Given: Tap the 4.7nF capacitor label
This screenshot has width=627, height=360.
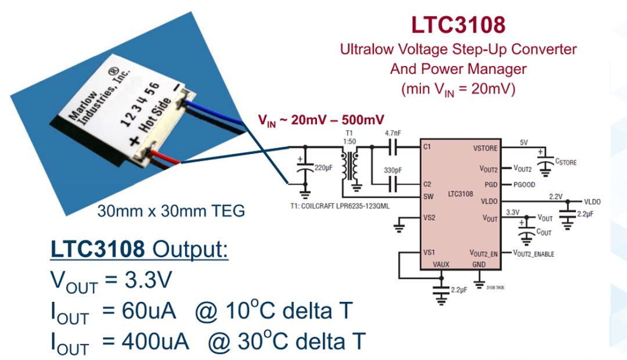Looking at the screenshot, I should click(x=392, y=132).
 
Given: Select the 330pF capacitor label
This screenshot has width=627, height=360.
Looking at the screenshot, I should click(x=392, y=171).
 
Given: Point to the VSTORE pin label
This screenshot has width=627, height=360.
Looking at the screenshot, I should click(x=485, y=148).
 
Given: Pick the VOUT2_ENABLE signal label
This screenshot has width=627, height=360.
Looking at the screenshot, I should click(x=534, y=254).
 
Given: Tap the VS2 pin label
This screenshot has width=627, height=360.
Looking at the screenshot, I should click(x=429, y=218).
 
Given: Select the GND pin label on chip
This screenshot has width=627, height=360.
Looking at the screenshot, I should click(x=479, y=264).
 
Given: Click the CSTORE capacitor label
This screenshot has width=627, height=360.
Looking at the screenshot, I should click(x=566, y=162).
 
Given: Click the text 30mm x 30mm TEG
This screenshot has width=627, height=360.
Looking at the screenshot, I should click(x=171, y=211).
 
